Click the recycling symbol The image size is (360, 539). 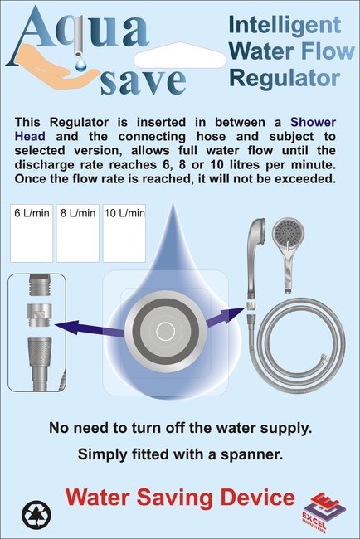pos(36,515)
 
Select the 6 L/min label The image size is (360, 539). pos(32,213)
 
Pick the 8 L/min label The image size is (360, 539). pos(78,213)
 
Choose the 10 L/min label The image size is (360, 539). pos(124,213)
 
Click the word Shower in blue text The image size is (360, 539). pos(313,122)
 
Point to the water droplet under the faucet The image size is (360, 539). pos(81,64)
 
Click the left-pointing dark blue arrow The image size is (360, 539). pos(90,327)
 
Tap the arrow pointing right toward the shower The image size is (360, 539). pos(225,316)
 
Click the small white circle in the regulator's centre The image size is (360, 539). pos(165,332)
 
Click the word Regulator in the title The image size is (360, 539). pos(285,78)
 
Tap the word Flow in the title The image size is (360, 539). pos(328,51)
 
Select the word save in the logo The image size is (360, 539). pos(144,81)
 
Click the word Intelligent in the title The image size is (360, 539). pos(285,25)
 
